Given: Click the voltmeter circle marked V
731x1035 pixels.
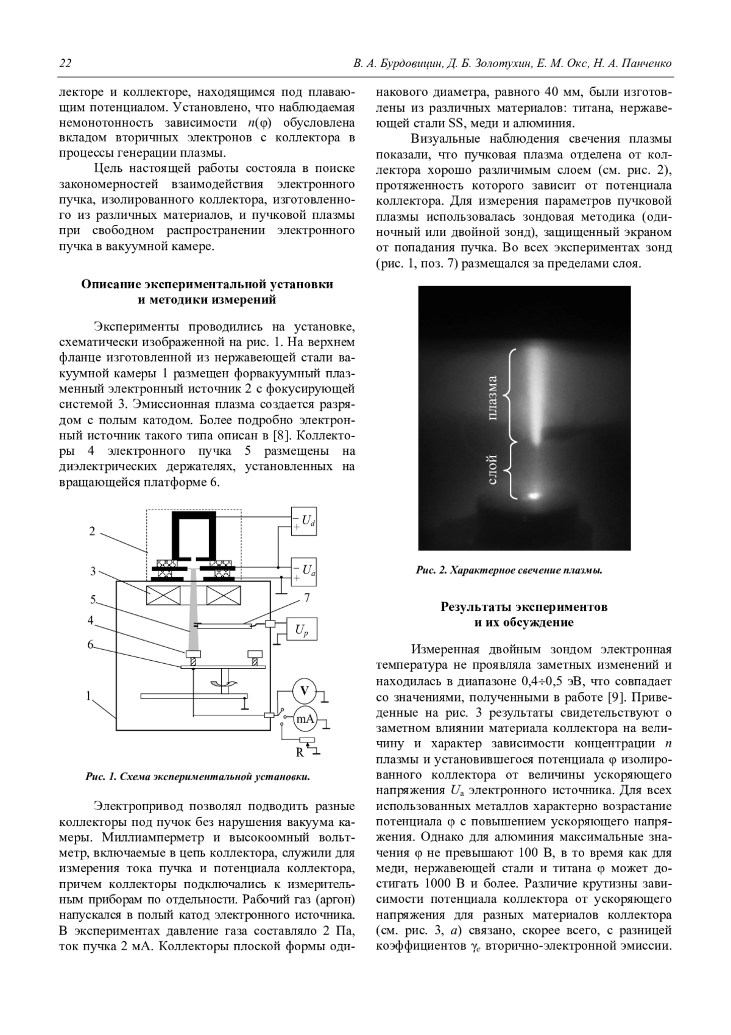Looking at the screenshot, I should pos(305,691).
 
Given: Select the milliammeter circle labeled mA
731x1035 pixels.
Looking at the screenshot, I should pos(305,719).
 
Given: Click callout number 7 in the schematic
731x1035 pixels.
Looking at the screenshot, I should pos(307,598).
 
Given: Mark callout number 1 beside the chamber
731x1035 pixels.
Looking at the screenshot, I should pos(88,695).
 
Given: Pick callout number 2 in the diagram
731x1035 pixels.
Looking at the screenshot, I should pos(93,531).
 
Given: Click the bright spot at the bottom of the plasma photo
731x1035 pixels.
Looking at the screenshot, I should pos(534,496).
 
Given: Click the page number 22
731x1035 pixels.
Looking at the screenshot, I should pos(65,63).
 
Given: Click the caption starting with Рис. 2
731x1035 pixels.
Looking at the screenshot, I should pos(509,571).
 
